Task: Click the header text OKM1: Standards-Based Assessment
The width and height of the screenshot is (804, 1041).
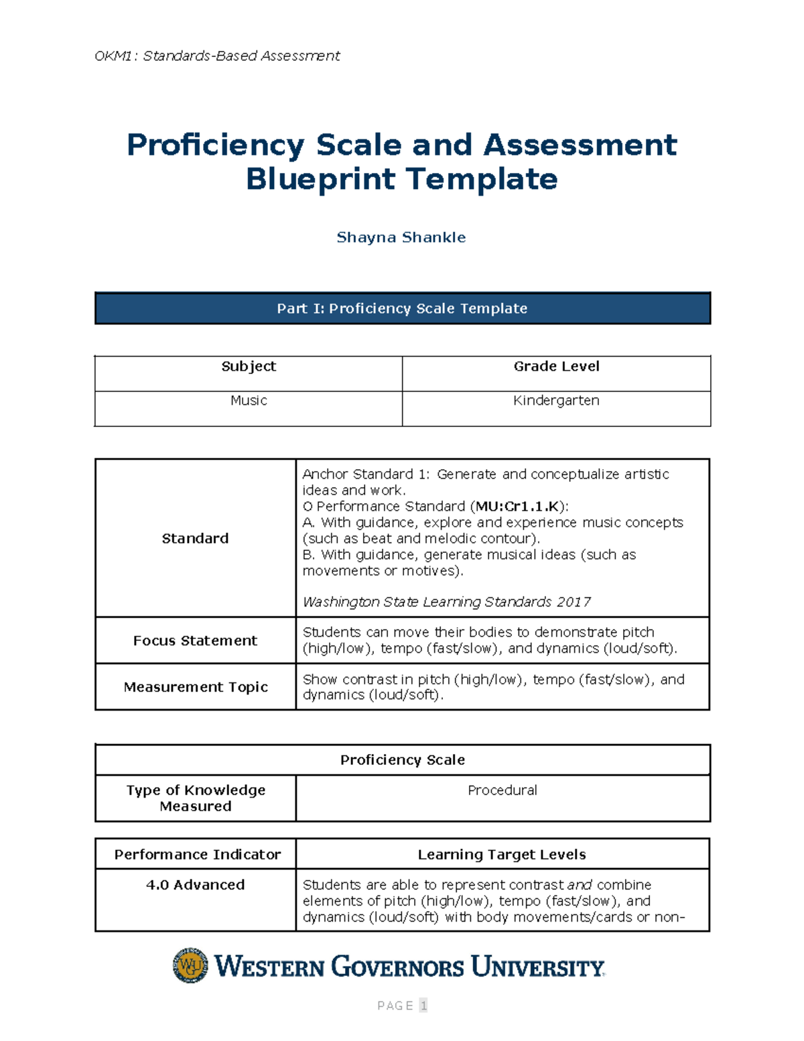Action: (217, 56)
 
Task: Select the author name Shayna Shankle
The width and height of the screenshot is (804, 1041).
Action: (401, 237)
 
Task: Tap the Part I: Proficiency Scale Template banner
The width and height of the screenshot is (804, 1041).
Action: (402, 308)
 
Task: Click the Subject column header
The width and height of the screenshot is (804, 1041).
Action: (249, 366)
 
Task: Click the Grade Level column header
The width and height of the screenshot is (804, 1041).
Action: (556, 366)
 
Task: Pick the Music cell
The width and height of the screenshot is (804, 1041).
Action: (249, 400)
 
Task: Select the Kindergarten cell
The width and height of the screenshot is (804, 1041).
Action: (556, 400)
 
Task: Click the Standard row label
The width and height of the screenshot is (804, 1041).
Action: (195, 538)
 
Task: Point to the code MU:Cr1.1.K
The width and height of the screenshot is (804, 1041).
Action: (517, 506)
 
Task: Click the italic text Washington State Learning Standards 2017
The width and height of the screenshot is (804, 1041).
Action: (446, 602)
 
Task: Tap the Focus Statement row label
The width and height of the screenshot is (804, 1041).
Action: (195, 640)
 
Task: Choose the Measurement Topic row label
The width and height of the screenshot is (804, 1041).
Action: (196, 686)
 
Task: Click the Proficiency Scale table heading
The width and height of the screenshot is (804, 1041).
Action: (402, 759)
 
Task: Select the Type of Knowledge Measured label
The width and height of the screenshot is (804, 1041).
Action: (196, 798)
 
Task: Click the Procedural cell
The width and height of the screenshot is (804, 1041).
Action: (502, 790)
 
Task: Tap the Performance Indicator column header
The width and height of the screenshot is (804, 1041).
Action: (197, 854)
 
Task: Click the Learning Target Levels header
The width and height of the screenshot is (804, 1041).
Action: (502, 854)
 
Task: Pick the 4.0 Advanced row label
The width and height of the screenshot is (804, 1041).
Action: (195, 885)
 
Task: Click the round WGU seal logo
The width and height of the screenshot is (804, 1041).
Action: (190, 965)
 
